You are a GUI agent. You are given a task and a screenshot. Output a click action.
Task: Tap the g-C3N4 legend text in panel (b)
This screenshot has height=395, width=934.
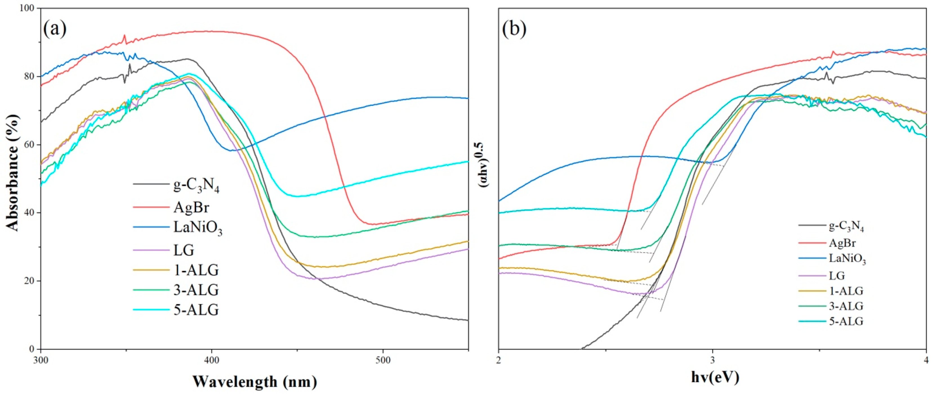coord(846,227)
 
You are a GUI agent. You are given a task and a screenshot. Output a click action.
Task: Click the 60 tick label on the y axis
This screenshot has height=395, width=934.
coord(29,145)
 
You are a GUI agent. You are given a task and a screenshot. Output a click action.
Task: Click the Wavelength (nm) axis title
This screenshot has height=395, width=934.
coord(255,381)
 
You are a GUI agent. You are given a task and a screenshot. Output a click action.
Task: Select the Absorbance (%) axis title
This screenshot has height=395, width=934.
coord(12,178)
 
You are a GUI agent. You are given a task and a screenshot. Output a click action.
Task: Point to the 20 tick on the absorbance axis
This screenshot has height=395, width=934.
coord(29,281)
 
